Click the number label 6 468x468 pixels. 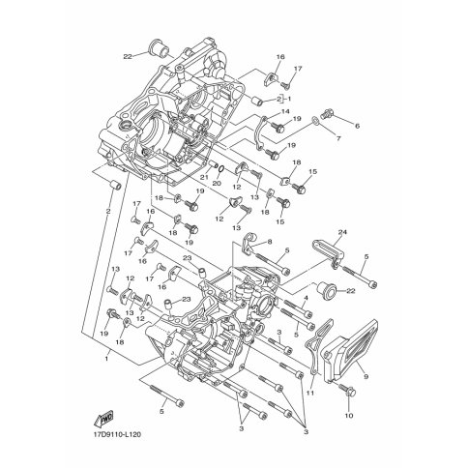tap(357, 127)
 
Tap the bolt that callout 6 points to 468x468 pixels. tap(327, 114)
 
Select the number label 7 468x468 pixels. tap(338, 139)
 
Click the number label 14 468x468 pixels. tap(285, 112)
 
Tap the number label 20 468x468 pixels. tap(217, 183)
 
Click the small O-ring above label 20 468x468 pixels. tap(221, 168)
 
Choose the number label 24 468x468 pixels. tap(342, 232)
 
